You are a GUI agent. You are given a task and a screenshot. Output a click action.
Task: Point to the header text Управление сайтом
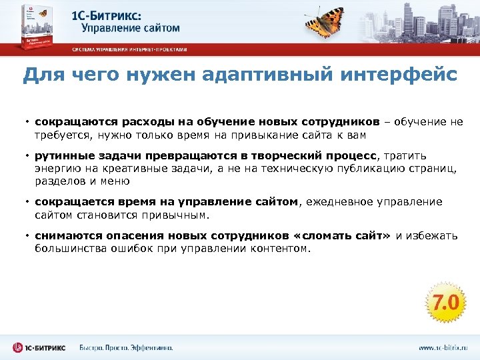pyautogui.click(x=131, y=27)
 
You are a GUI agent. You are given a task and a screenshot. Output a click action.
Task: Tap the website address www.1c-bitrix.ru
pyautogui.click(x=443, y=347)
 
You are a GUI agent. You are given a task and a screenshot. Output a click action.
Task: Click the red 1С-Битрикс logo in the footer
pyautogui.click(x=39, y=347)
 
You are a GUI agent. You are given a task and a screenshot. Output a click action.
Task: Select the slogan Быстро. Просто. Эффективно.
pyautogui.click(x=126, y=347)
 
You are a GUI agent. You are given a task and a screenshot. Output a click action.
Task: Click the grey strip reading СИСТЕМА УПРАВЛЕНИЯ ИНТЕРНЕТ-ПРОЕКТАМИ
pyautogui.click(x=129, y=49)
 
